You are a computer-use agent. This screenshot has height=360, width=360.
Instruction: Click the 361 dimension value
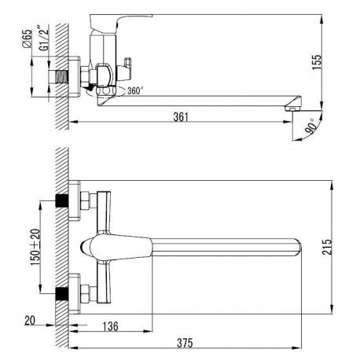click(x=181, y=117)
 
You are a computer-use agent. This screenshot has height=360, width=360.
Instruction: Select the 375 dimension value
click(x=185, y=343)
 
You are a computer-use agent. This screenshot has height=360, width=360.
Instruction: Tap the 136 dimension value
click(x=111, y=326)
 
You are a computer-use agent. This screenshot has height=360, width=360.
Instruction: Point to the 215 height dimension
click(x=327, y=247)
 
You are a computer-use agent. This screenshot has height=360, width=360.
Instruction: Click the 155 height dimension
click(x=317, y=62)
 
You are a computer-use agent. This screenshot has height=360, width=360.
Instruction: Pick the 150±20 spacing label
click(x=35, y=247)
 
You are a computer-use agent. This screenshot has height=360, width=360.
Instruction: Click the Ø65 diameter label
click(x=27, y=39)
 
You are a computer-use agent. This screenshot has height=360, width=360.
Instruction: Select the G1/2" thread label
click(x=43, y=38)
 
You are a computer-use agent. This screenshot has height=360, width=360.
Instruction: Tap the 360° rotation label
click(x=135, y=90)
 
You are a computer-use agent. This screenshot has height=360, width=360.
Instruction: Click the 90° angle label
click(x=310, y=127)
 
